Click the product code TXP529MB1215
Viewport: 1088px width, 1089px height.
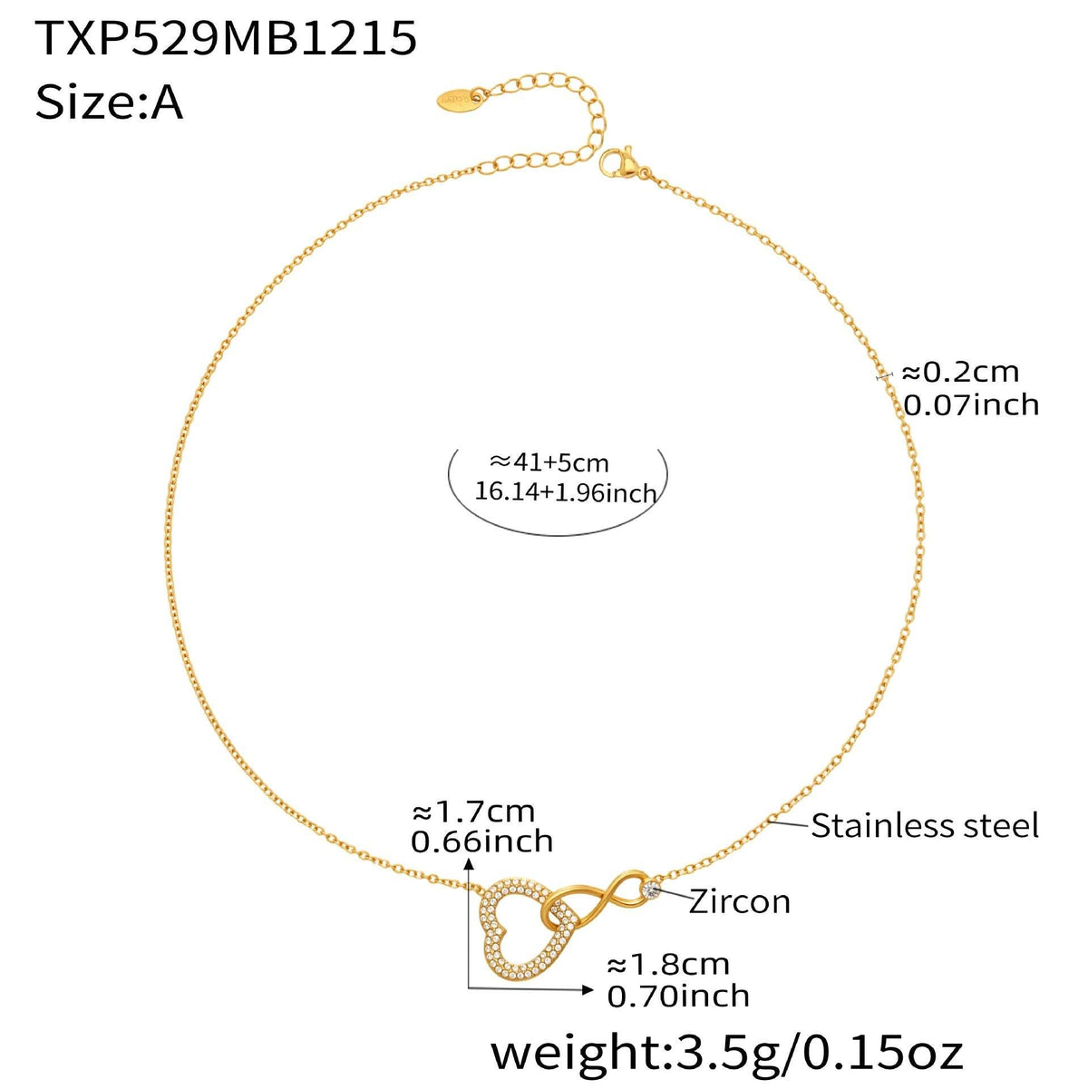[226, 39]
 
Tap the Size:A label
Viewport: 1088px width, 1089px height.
[109, 102]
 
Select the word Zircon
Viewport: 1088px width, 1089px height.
[739, 901]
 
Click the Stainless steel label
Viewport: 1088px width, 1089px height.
[924, 826]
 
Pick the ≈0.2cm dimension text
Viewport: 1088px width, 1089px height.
[958, 372]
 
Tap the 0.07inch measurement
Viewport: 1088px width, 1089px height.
[970, 404]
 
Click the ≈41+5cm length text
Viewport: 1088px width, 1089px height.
[549, 462]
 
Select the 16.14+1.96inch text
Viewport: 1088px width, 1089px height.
[565, 493]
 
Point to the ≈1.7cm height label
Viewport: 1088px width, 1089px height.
[472, 810]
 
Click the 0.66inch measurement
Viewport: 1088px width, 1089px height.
[481, 841]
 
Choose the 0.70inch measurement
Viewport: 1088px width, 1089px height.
[677, 996]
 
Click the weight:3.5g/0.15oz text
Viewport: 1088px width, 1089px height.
[726, 1053]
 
